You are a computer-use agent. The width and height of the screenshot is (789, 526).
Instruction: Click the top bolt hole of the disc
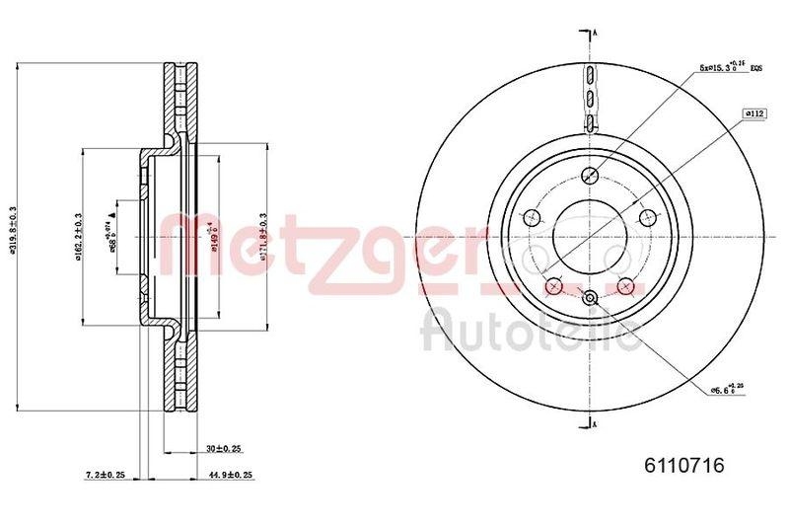tap(591, 176)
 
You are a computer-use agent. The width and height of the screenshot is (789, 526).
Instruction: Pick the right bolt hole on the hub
tap(648, 218)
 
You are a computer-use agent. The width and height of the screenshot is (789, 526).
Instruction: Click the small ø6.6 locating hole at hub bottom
tap(590, 300)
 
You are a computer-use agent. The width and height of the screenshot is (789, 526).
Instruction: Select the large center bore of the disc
tap(590, 237)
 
